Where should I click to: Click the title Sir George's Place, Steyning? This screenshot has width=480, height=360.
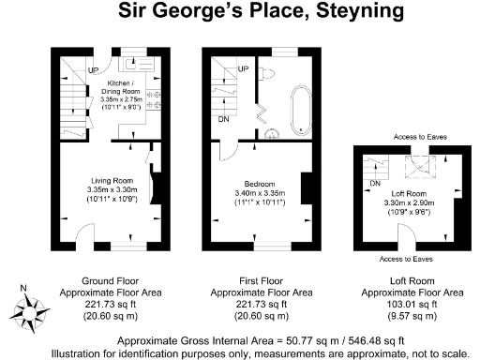click(239, 12)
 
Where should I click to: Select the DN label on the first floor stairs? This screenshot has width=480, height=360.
click(224, 120)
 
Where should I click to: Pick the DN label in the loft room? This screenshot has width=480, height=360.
click(375, 182)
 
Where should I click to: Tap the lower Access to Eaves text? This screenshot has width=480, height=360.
click(405, 258)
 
